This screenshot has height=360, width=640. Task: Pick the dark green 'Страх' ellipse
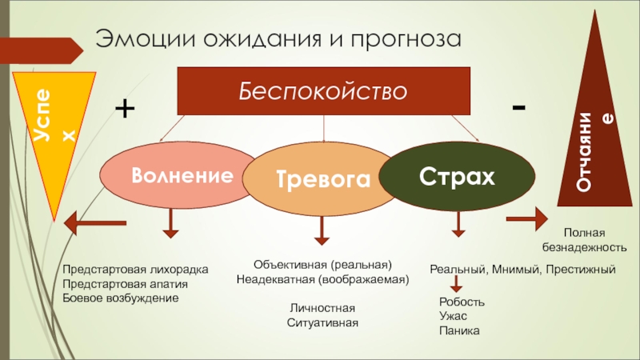click(457, 176)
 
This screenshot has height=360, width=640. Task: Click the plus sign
click(126, 109)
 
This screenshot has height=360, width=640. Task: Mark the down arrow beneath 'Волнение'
click(170, 223)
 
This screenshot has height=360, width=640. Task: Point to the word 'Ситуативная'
click(322, 322)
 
